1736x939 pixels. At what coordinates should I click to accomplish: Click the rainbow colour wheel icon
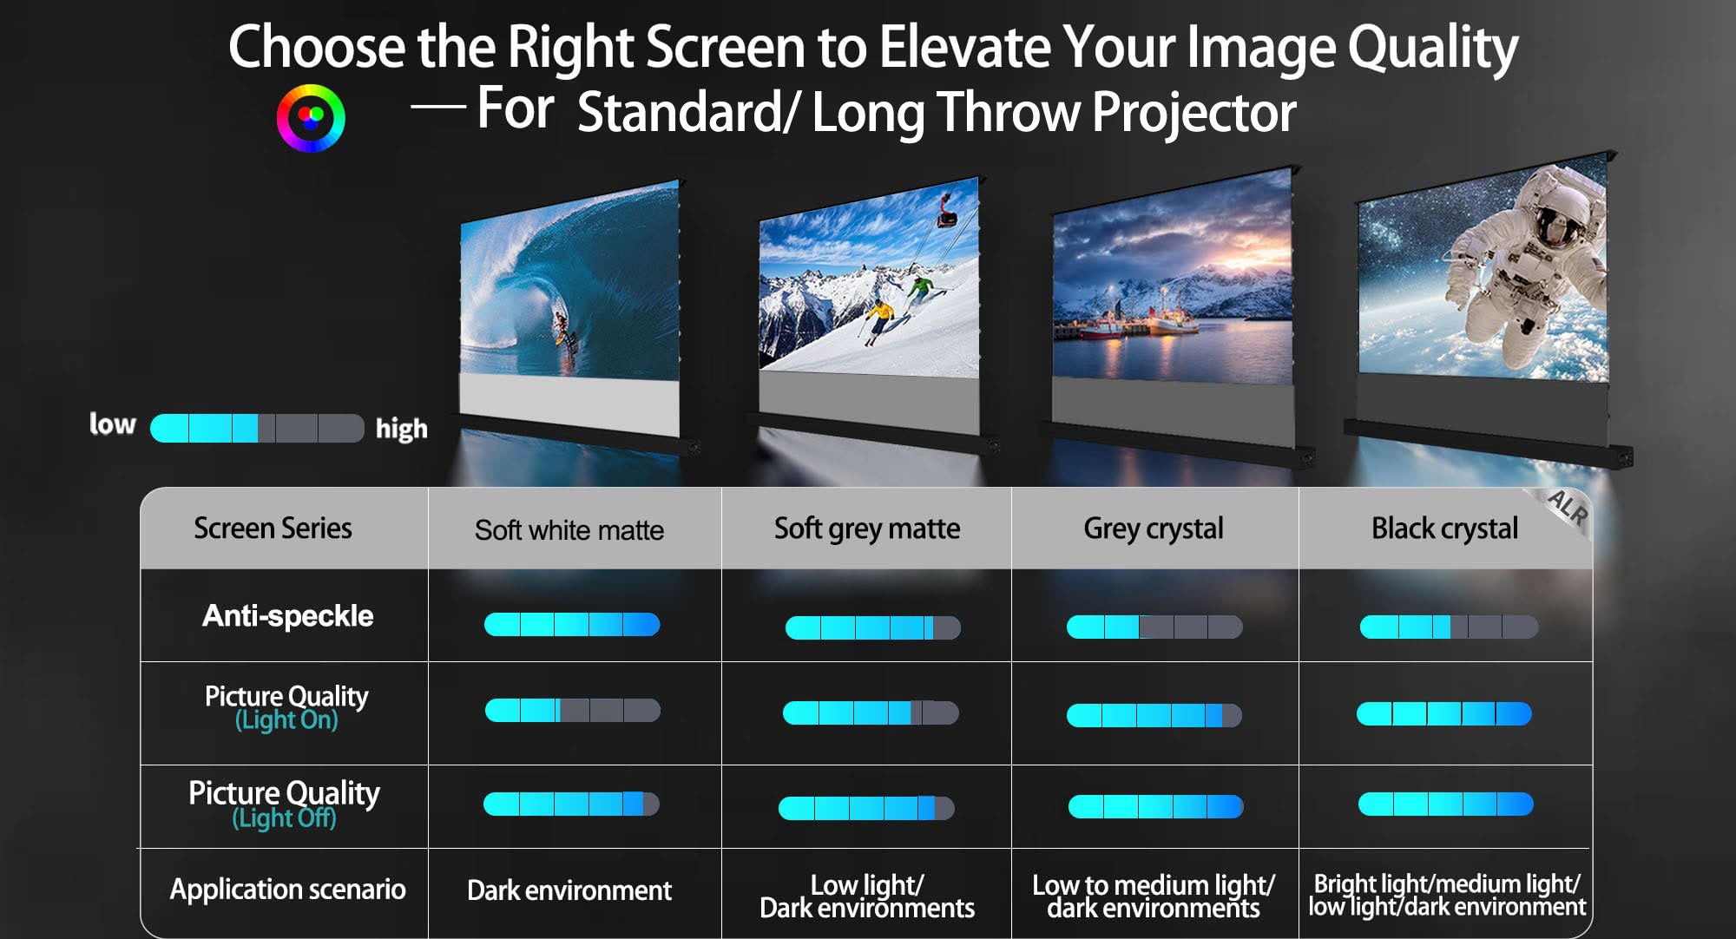pyautogui.click(x=311, y=118)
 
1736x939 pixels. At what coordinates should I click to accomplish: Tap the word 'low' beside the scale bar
pyautogui.click(x=113, y=424)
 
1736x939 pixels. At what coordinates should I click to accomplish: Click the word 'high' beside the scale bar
pyautogui.click(x=402, y=429)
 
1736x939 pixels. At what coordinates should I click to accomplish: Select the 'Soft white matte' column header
pyautogui.click(x=569, y=530)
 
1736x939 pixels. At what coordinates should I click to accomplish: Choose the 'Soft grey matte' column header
pyautogui.click(x=867, y=529)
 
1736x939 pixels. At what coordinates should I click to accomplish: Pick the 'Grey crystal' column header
pyautogui.click(x=1154, y=529)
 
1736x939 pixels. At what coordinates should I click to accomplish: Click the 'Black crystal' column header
pyautogui.click(x=1445, y=529)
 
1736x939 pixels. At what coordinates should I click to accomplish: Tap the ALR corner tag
pyautogui.click(x=1568, y=509)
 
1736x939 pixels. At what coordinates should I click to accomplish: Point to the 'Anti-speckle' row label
pyautogui.click(x=288, y=616)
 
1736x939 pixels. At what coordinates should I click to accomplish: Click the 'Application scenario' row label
pyautogui.click(x=288, y=890)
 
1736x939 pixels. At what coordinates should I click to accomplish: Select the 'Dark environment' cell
pyautogui.click(x=569, y=890)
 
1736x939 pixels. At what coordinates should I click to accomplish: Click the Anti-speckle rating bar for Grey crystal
pyautogui.click(x=1154, y=627)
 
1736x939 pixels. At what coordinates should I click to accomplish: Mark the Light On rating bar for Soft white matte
pyautogui.click(x=573, y=711)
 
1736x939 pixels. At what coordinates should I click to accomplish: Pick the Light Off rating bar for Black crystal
pyautogui.click(x=1445, y=804)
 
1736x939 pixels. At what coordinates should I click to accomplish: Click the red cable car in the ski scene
pyautogui.click(x=945, y=211)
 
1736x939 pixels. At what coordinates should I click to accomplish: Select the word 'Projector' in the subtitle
pyautogui.click(x=1194, y=113)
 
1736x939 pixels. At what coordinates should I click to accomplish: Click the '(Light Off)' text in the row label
pyautogui.click(x=285, y=818)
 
